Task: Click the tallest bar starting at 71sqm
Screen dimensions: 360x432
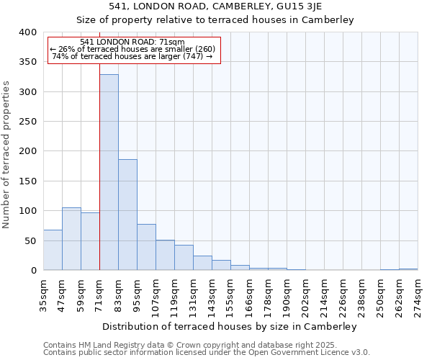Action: [x=109, y=172]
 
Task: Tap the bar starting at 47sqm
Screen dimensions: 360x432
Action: [x=71, y=238]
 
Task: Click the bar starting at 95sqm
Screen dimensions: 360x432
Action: [x=146, y=247]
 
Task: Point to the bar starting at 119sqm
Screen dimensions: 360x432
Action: [x=184, y=258]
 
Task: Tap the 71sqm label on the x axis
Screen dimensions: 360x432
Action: [x=100, y=292]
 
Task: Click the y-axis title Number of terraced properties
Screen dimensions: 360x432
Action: [x=6, y=155]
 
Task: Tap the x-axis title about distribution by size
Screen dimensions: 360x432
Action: [x=230, y=326]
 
